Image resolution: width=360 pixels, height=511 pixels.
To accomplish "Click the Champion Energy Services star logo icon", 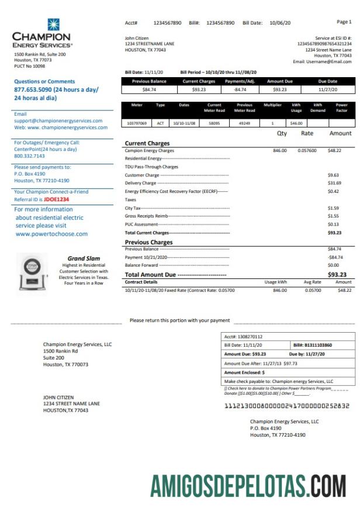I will tap(54, 25).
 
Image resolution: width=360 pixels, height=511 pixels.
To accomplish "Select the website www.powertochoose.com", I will tap(51, 234).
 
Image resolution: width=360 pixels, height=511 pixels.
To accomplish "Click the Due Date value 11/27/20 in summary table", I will tap(328, 89).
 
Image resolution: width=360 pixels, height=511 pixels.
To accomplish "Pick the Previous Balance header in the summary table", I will tap(149, 81).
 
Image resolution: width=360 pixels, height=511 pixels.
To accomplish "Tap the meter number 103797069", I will tap(136, 123).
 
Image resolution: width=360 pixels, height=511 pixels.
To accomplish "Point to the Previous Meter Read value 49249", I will tap(244, 123).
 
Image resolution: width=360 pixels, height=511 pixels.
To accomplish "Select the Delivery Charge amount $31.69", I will tap(333, 183).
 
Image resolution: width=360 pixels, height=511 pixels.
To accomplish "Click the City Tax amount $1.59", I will tap(333, 208).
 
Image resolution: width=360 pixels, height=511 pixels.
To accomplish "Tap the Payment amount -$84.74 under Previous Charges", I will tap(335, 257).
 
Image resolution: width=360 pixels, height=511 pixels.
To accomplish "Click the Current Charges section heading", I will tap(147, 143).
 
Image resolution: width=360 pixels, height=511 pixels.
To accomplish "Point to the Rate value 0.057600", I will tap(307, 150).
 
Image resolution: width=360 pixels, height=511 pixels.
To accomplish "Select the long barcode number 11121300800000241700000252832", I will tap(287, 405).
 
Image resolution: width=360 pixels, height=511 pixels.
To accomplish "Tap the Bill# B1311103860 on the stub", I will tap(312, 345).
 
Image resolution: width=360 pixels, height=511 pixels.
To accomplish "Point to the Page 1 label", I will tap(344, 22).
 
